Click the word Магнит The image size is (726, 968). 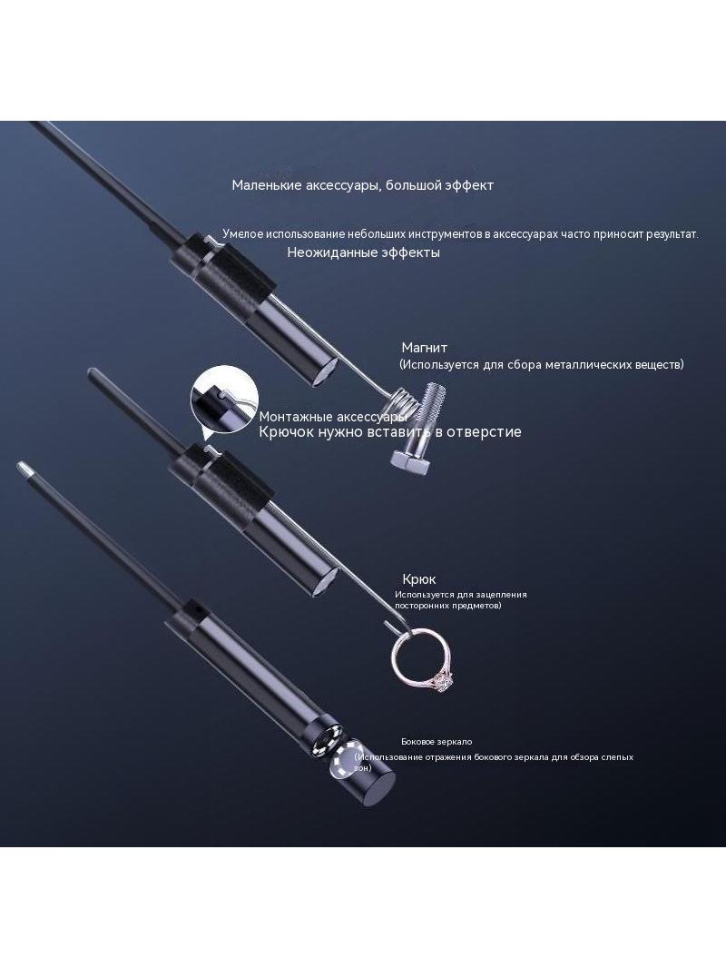425,348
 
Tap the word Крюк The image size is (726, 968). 419,579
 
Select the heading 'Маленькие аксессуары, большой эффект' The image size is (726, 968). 363,185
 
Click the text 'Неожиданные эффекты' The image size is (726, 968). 363,252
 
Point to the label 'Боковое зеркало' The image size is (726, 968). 437,741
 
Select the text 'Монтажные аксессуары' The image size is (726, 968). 333,417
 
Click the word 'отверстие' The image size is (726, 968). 484,431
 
